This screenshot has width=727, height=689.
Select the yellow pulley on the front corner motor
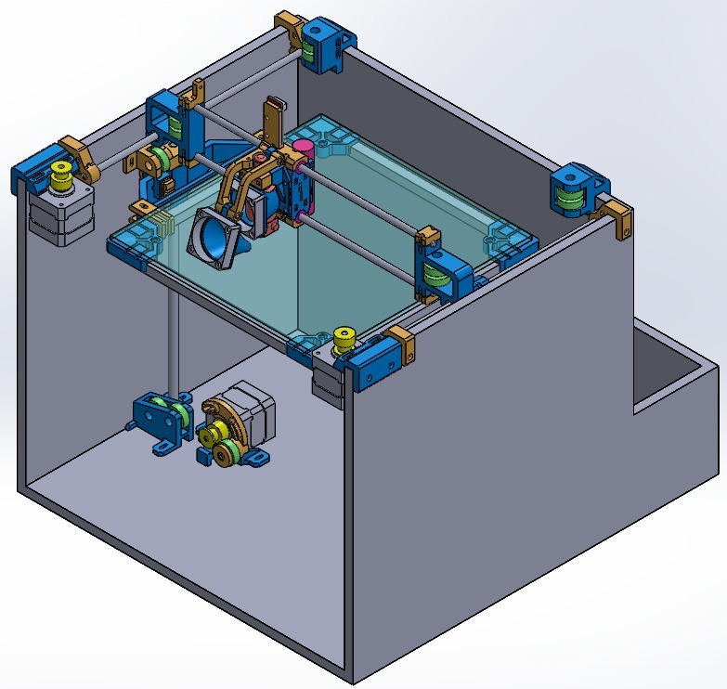click(x=345, y=339)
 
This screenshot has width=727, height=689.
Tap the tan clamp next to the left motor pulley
click(x=81, y=158)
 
